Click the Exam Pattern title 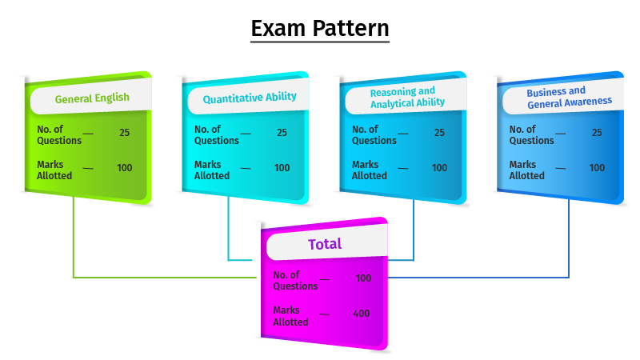point(320,29)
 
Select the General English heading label point(92,99)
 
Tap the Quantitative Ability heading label point(250,98)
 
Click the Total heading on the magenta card point(325,244)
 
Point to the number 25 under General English point(125,133)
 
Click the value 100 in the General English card point(125,168)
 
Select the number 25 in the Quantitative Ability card point(282,133)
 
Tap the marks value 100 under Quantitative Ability point(282,168)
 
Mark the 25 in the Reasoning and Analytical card point(440,133)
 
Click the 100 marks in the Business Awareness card point(597,168)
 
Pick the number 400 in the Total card point(362,314)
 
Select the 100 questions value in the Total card point(363,278)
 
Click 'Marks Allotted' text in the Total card point(290,316)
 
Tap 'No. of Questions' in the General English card point(59,134)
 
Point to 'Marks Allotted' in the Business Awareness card point(526,170)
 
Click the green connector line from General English point(74,240)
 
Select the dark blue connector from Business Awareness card point(569,240)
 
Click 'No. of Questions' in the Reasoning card point(374,134)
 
